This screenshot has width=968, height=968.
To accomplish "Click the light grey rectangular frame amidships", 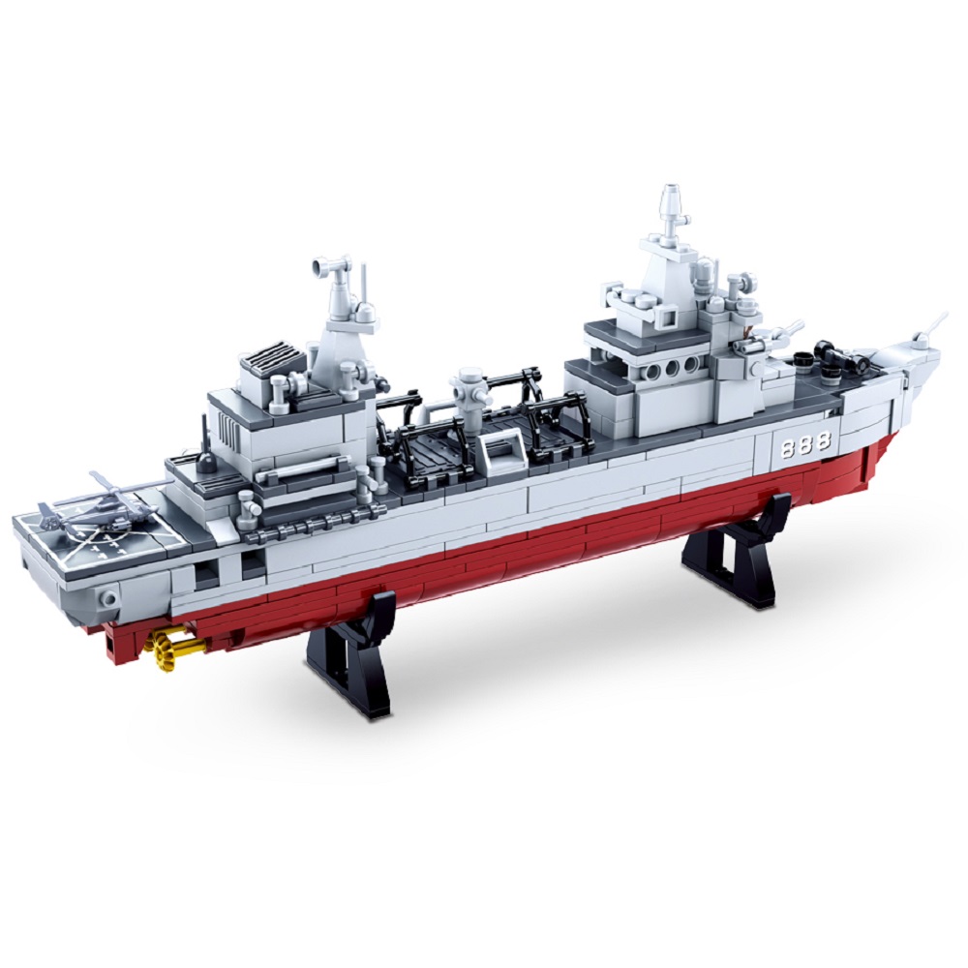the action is point(501,454).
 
